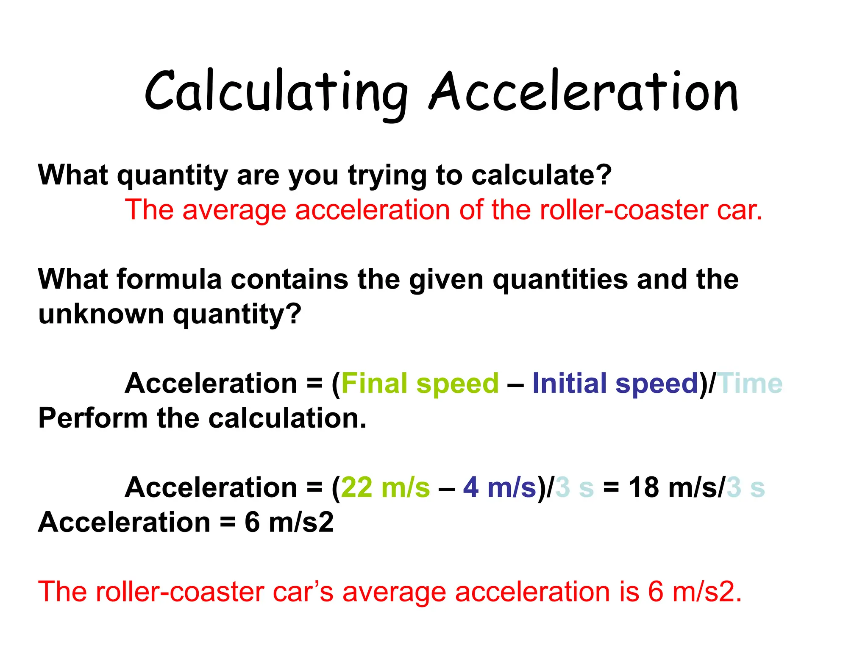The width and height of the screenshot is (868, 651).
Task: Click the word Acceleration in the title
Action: (x=584, y=92)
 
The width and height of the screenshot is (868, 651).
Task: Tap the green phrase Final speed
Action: (x=420, y=384)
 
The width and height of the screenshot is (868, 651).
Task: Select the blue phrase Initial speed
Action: (x=615, y=384)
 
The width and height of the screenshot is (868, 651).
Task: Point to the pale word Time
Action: (x=749, y=384)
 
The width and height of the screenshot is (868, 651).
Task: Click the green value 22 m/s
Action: (x=385, y=487)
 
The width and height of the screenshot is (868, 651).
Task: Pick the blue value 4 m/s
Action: (x=500, y=487)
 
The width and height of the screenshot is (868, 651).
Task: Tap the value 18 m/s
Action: (x=676, y=487)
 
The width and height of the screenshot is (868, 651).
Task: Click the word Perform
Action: (x=93, y=418)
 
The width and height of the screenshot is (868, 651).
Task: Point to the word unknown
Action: (x=101, y=314)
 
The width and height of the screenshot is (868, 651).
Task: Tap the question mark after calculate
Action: (x=605, y=175)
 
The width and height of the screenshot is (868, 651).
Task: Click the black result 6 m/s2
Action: (x=289, y=522)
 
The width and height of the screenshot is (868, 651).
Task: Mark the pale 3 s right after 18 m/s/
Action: (x=746, y=487)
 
